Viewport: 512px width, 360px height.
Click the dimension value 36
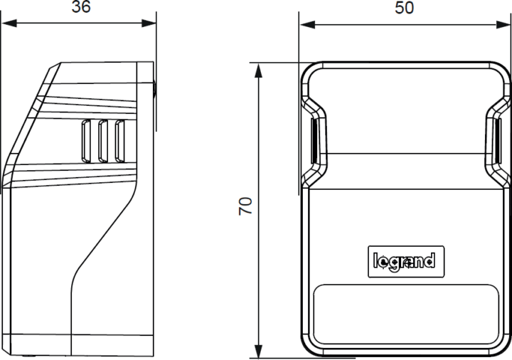[81, 8]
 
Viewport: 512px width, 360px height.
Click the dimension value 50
[404, 8]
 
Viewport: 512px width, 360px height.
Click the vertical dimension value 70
[245, 206]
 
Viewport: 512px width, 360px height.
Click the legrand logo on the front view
[404, 261]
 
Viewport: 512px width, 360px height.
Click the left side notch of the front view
[313, 139]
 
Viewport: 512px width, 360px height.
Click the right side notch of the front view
[496, 139]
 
